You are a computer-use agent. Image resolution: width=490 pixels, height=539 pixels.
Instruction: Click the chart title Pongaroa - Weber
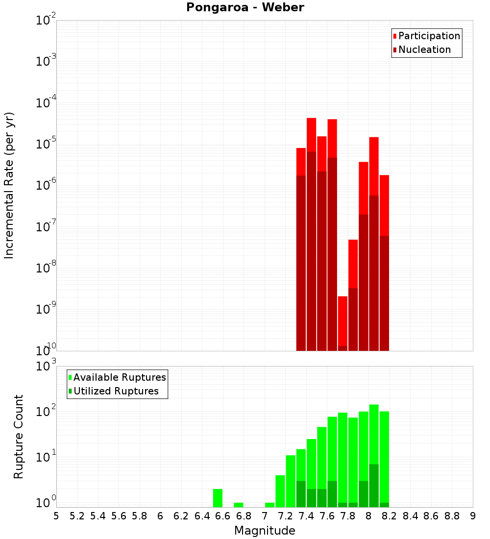click(245, 7)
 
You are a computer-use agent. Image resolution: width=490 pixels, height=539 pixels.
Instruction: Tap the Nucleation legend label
click(424, 49)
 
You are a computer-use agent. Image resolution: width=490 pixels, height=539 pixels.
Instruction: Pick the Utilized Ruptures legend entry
click(116, 391)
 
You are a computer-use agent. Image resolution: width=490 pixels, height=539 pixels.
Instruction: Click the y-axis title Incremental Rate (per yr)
click(9, 186)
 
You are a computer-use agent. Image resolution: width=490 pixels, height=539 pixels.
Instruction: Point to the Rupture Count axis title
click(19, 437)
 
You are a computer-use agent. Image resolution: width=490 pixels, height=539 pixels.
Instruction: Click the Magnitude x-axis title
click(265, 530)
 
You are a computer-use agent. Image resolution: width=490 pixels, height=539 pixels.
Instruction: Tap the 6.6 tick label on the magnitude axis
click(223, 516)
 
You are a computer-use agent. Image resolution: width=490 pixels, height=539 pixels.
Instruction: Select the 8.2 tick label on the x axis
click(390, 516)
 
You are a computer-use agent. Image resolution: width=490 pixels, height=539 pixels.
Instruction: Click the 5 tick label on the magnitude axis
click(56, 516)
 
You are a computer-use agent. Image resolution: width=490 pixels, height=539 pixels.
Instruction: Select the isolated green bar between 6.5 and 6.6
click(218, 498)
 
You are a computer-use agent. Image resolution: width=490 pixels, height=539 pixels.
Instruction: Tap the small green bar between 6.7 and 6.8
click(239, 505)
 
